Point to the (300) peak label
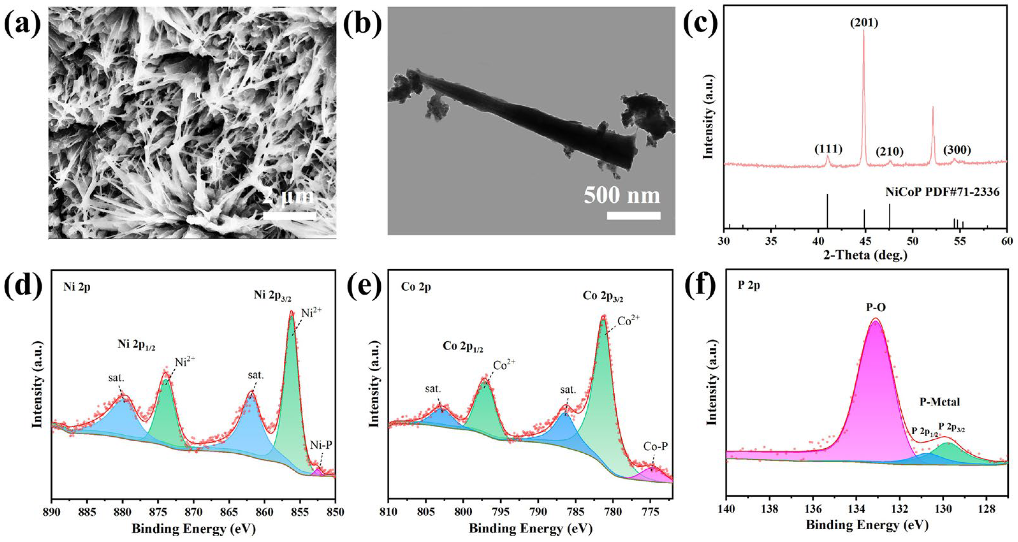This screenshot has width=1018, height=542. tap(957, 150)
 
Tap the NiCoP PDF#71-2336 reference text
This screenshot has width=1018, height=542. tap(947, 192)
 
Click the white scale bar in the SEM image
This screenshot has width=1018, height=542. tap(289, 216)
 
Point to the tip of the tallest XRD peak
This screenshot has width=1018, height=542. tap(863, 31)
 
